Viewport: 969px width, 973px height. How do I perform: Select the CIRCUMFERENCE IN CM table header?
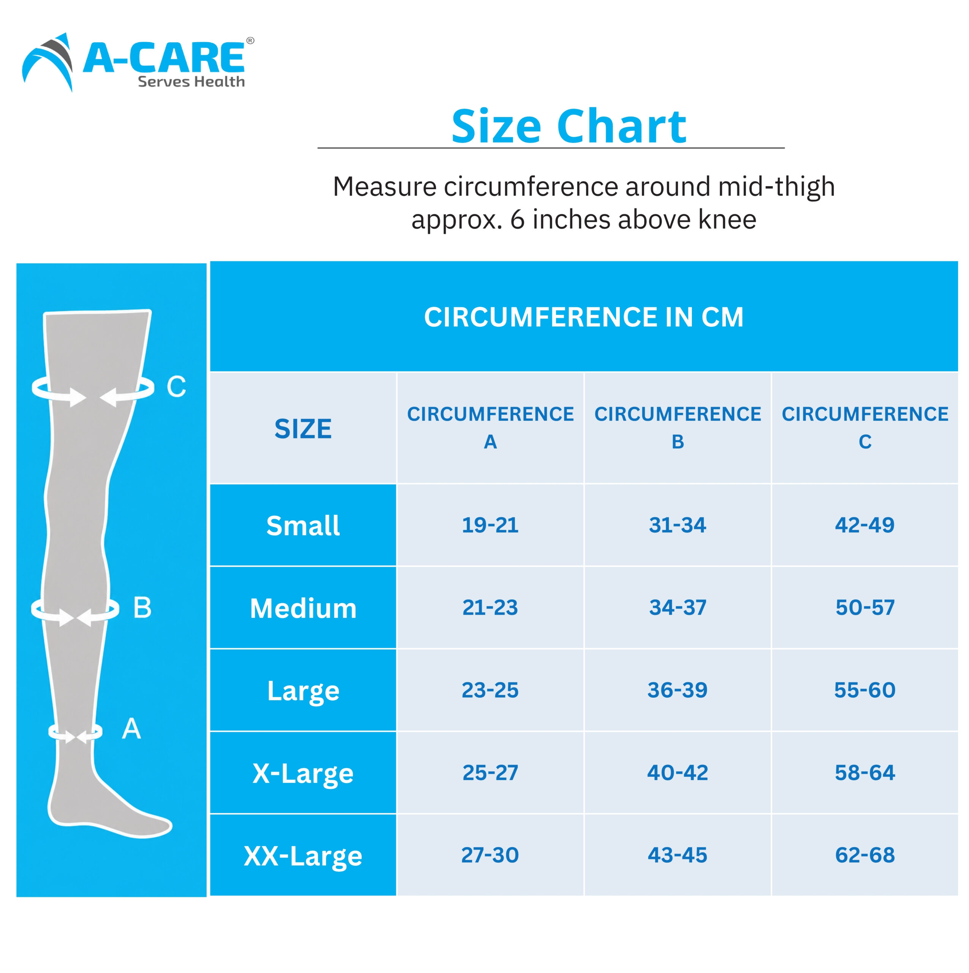point(584,317)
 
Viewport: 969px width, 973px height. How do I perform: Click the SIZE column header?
point(303,429)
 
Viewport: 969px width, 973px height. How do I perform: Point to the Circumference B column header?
point(678,428)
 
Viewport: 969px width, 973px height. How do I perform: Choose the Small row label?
point(303,526)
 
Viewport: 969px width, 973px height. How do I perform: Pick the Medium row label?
point(303,609)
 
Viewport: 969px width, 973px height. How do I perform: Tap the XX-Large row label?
point(303,856)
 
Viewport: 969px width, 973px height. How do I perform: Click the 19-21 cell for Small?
point(490,525)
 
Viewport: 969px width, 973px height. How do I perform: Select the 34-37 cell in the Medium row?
point(678,608)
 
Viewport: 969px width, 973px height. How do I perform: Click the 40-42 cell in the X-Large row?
point(678,773)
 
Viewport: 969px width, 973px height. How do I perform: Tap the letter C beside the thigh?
point(176,387)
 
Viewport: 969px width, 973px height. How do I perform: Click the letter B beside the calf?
point(142,607)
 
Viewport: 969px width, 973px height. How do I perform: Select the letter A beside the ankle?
point(131,729)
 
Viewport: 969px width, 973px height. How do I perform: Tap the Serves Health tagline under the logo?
point(192,82)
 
